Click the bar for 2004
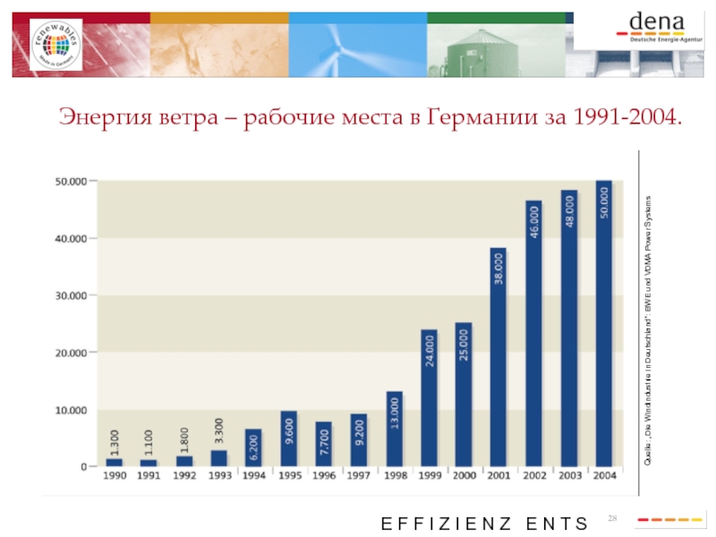604,323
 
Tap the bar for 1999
429,397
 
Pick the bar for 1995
288,439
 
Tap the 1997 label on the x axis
359,476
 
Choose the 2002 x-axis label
534,476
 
